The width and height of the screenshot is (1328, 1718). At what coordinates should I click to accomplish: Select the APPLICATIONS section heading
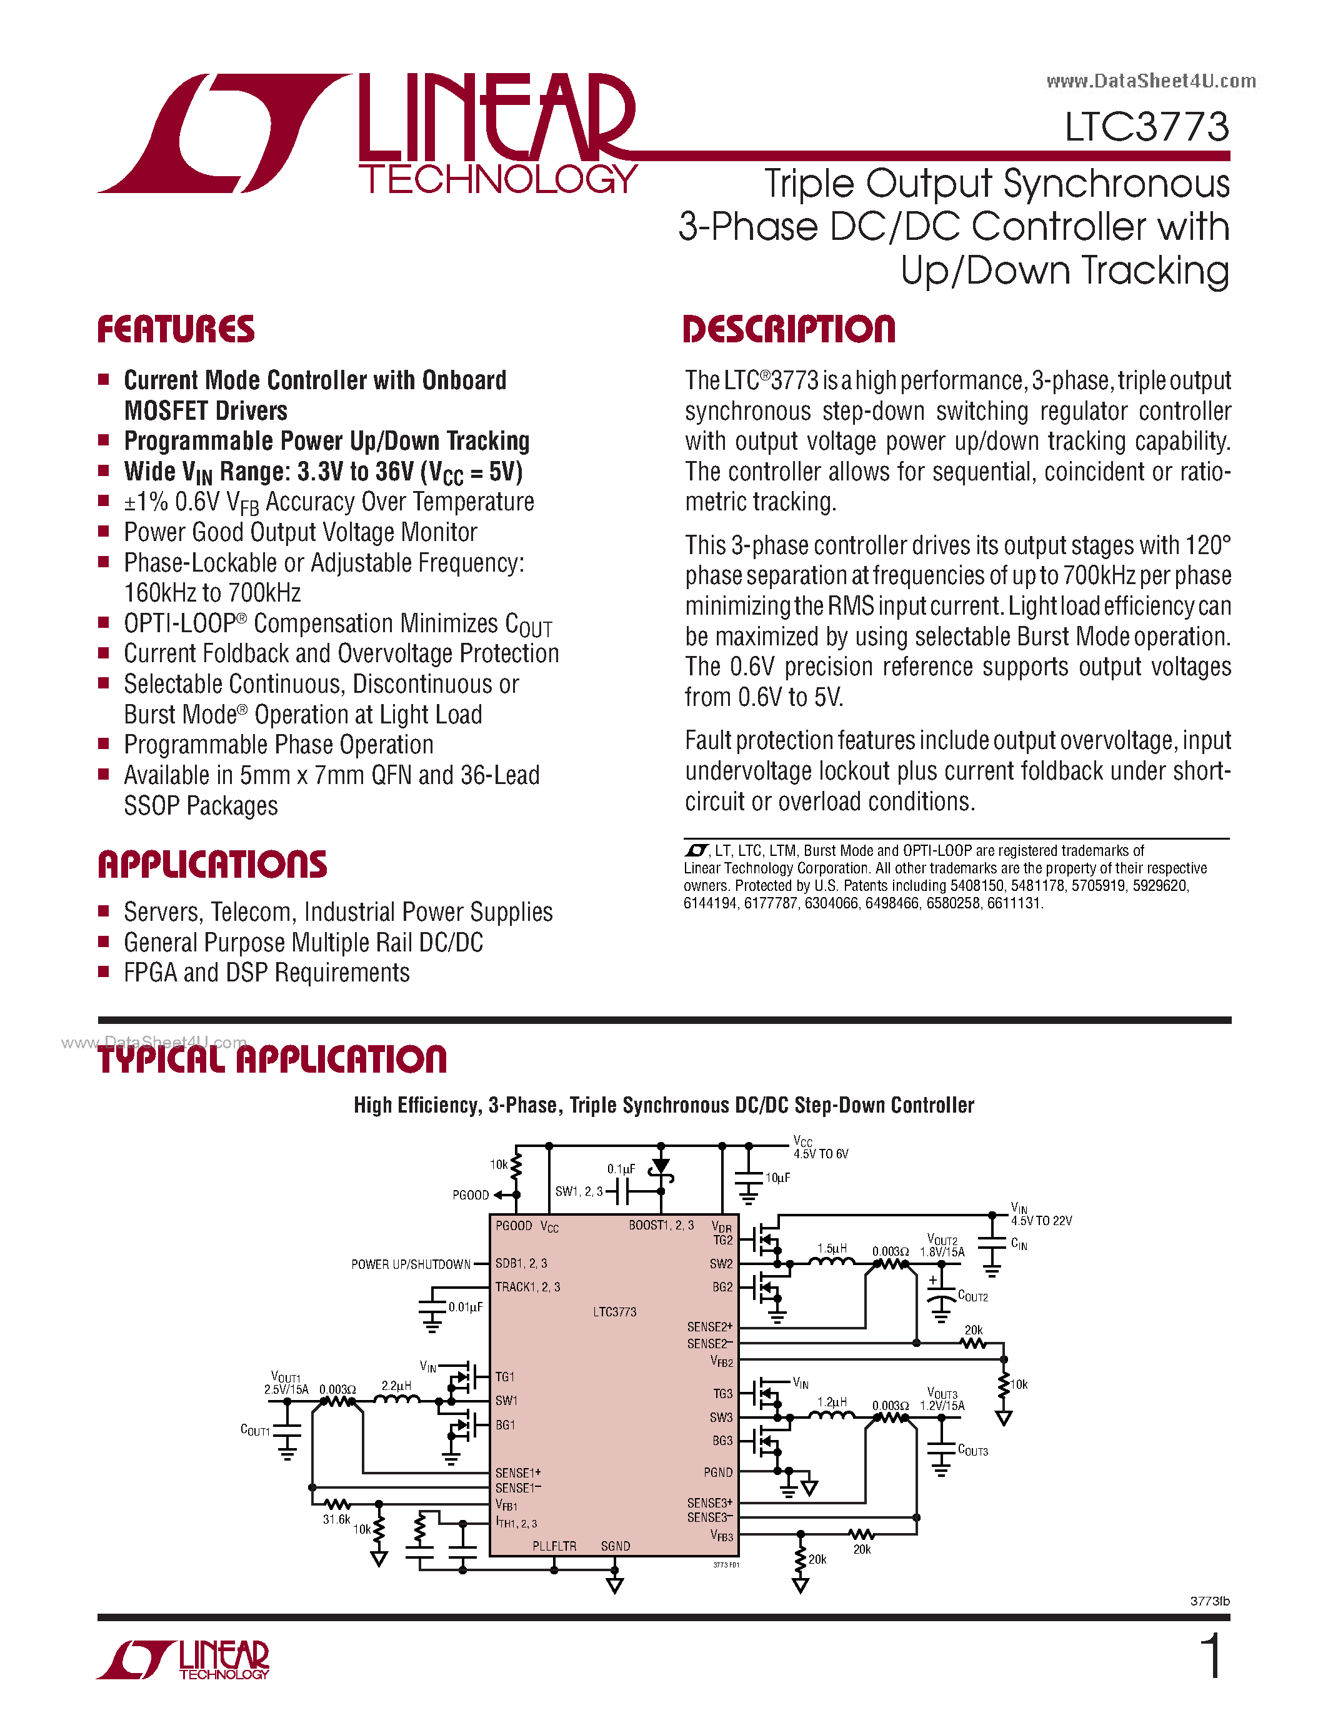212,864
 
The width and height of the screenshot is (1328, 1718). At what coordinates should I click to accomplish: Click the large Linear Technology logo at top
367,134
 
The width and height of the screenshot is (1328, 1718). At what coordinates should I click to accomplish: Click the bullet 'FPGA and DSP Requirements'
266,973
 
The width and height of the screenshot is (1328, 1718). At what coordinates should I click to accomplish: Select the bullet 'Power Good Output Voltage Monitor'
300,532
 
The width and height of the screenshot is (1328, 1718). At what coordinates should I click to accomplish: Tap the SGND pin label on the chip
615,1546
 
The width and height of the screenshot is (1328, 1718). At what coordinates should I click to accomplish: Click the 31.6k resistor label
336,1519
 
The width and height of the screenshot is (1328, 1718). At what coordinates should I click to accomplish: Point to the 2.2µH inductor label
396,1385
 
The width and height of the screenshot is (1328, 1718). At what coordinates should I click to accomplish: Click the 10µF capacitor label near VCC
777,1178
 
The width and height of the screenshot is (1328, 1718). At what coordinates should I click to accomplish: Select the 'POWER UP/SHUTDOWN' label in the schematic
410,1264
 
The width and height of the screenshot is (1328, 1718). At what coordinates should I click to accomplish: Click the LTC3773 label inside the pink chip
614,1311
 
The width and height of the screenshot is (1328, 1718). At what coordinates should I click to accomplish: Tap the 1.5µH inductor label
832,1248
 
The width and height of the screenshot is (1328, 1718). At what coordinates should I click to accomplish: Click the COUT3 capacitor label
972,1451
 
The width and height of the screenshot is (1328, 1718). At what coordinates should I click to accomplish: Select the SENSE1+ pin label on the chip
517,1472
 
